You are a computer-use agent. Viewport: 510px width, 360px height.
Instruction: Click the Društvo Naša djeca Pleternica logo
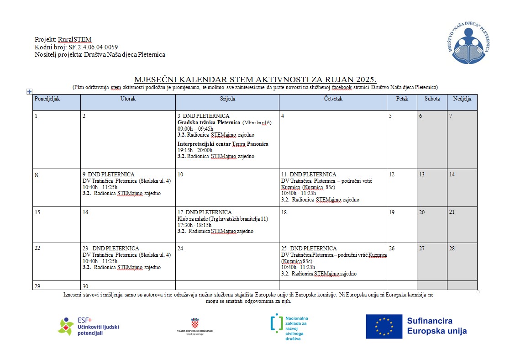(x=468, y=44)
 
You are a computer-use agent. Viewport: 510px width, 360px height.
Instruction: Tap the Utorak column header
(x=128, y=99)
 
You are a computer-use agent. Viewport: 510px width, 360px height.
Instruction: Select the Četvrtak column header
(x=333, y=99)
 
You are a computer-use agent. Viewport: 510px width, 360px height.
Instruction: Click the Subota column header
(x=432, y=99)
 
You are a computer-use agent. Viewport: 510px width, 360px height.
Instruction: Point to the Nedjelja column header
(x=462, y=99)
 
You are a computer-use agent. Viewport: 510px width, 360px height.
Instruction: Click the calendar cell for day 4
(x=333, y=139)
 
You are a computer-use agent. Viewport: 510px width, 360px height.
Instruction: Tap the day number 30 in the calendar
(x=85, y=286)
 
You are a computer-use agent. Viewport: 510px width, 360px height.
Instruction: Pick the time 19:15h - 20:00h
(x=195, y=150)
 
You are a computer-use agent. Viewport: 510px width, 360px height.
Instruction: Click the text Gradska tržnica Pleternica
(x=209, y=122)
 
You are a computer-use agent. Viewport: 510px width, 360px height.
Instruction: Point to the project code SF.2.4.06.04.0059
(x=93, y=47)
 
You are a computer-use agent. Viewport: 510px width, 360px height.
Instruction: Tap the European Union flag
(x=384, y=326)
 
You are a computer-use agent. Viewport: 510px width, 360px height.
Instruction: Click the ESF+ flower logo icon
(x=66, y=326)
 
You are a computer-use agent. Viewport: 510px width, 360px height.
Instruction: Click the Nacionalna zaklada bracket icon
(x=276, y=323)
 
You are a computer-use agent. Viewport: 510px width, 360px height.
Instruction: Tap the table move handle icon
(x=29, y=91)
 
